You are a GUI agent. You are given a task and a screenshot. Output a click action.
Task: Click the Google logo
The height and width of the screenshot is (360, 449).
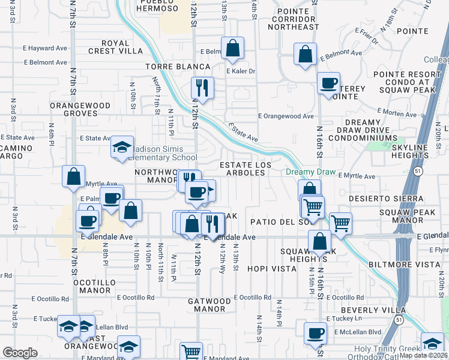pyautogui.click(x=20, y=353)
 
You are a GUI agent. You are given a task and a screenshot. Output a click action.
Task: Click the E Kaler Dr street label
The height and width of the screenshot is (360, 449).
pyautogui.click(x=241, y=71)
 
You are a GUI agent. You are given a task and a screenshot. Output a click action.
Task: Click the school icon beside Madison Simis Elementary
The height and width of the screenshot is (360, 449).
pyautogui.click(x=122, y=147)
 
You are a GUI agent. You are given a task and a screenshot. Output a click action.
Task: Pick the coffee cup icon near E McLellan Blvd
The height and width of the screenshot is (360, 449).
pyautogui.click(x=315, y=333)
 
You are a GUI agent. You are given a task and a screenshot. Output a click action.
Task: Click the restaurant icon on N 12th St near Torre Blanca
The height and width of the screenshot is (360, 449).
pyautogui.click(x=202, y=88)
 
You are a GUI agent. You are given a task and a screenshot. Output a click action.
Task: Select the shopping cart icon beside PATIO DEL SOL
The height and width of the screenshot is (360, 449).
pyautogui.click(x=340, y=223)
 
